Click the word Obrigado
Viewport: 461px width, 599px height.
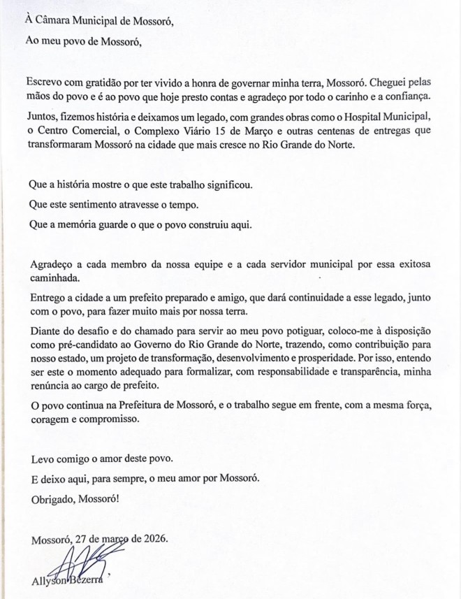tap(53, 500)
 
